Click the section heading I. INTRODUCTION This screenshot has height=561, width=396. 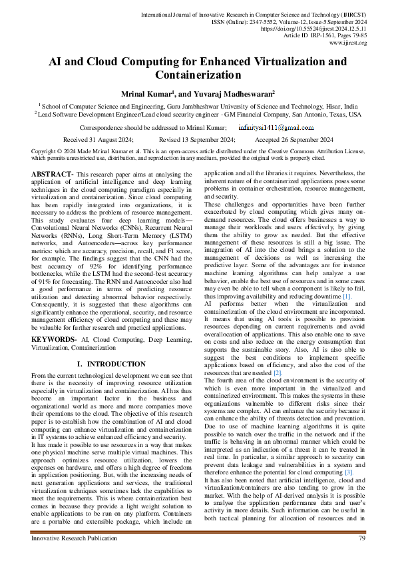(x=108, y=364)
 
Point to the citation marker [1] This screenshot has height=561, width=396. (x=346, y=295)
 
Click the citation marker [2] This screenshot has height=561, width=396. (x=278, y=373)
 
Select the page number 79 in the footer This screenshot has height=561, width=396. (x=361, y=538)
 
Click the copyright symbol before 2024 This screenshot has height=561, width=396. (x=34, y=152)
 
